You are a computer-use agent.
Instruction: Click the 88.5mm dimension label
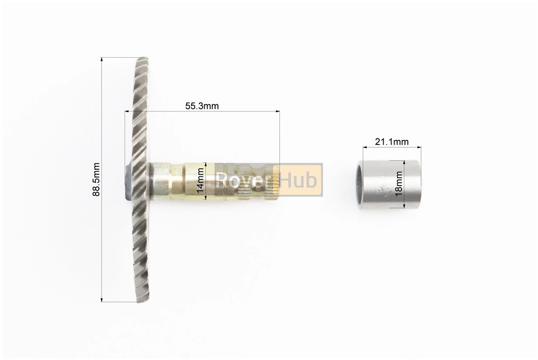[96, 180]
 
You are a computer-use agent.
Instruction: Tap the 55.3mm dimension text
[202, 106]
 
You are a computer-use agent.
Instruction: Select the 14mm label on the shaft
[200, 181]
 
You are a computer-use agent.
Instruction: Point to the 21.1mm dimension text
[391, 141]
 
